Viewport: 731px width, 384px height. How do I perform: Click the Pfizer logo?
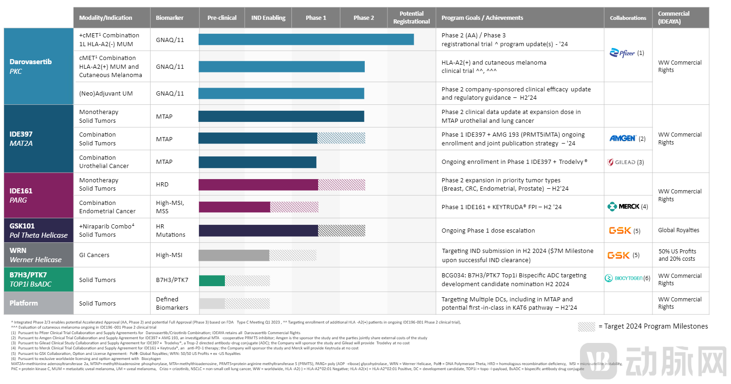(622, 53)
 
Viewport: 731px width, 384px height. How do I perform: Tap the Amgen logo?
(622, 138)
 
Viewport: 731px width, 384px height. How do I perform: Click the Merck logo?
(623, 206)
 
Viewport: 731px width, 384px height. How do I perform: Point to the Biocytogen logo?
(624, 278)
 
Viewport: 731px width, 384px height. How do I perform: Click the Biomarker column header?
(169, 18)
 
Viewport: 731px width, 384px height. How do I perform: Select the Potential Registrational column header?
(411, 18)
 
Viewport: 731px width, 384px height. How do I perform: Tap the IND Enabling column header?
(268, 18)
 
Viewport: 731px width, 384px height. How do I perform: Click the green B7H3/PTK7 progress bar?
(212, 281)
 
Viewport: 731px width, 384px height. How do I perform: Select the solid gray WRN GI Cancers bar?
(234, 255)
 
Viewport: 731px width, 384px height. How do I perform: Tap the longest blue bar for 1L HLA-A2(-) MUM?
(306, 40)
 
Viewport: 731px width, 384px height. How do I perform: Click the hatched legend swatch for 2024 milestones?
(586, 327)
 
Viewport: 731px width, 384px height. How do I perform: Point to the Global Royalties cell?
(678, 230)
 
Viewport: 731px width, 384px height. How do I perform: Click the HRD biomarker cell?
(162, 184)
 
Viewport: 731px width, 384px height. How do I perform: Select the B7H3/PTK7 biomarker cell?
(172, 280)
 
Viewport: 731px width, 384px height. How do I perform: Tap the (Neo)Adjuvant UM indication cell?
(106, 93)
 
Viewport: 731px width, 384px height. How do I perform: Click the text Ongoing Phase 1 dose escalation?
(488, 230)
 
